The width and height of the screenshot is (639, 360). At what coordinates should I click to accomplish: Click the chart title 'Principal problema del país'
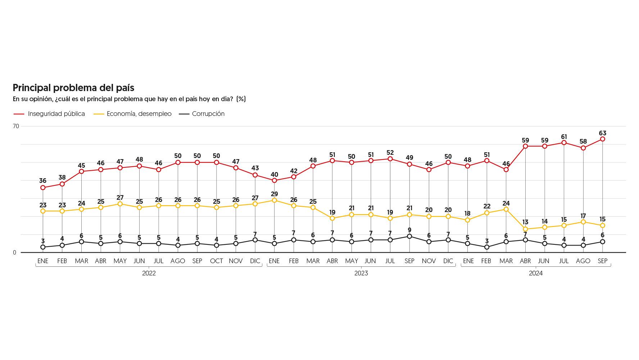point(73,88)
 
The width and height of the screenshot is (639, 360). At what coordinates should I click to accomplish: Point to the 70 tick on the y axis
point(16,126)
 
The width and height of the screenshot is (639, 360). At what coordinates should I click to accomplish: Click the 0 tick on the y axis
point(15,253)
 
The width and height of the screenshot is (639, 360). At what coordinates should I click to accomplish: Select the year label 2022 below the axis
point(149,273)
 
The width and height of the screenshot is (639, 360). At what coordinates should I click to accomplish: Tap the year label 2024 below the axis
point(536,273)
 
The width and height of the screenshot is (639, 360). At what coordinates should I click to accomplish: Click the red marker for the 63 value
point(603,139)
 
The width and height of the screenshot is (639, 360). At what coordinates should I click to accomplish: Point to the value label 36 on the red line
point(43,181)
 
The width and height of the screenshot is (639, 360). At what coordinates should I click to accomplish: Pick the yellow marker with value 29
point(275,200)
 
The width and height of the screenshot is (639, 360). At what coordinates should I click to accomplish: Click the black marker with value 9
point(409,236)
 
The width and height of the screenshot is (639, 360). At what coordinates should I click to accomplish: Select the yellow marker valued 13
point(525,229)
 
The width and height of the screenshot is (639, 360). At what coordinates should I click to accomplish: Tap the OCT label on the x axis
point(217,261)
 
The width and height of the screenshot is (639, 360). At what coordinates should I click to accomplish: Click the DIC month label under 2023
point(448,261)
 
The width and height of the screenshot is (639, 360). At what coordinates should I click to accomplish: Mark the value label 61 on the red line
point(564,137)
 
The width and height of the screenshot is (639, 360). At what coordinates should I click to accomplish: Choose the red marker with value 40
point(275,180)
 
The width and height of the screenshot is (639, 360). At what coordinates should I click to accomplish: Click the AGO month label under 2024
point(583,261)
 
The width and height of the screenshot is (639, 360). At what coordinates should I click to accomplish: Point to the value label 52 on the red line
point(390,153)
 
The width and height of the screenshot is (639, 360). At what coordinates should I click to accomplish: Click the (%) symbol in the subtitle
point(241,99)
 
